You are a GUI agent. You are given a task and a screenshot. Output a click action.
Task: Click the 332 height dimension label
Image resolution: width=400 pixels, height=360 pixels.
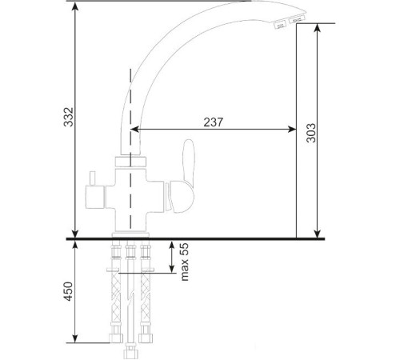[x=68, y=117]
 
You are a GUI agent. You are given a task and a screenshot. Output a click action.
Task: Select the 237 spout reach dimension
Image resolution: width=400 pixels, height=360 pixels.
[x=213, y=122]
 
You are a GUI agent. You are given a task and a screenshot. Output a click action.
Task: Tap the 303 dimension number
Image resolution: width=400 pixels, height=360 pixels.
[x=311, y=133]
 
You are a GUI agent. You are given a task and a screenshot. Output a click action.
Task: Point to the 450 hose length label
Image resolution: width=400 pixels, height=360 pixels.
[x=68, y=291]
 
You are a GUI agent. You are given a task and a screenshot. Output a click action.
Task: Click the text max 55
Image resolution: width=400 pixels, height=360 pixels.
[x=185, y=262]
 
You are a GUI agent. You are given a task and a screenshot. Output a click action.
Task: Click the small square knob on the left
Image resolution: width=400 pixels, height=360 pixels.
[x=94, y=197]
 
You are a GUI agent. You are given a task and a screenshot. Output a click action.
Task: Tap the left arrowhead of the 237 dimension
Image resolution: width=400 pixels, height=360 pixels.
[x=135, y=130]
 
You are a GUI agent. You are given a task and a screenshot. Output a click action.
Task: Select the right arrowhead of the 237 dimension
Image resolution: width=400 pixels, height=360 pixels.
[x=292, y=130]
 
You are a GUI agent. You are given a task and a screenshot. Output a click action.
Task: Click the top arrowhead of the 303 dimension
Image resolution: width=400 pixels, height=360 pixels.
[x=317, y=28]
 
